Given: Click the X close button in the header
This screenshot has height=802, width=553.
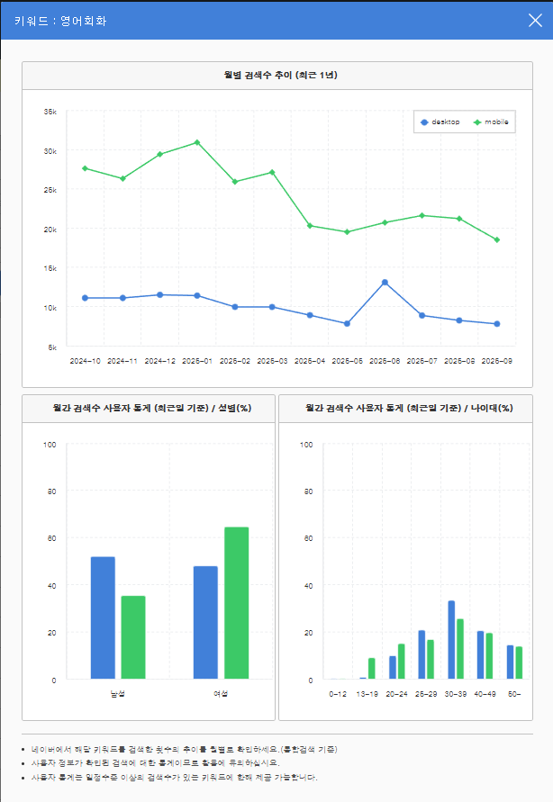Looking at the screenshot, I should [535, 20].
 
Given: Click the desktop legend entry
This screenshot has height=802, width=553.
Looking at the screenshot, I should [440, 122].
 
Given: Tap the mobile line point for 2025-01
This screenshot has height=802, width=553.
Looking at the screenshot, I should [197, 142].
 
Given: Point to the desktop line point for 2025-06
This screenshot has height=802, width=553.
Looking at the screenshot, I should [385, 282].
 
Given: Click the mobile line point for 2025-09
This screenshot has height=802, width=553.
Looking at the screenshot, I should [497, 239].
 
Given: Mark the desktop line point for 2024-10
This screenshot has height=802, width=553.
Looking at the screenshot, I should [85, 298].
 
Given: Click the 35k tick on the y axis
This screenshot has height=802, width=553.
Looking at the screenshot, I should [50, 112].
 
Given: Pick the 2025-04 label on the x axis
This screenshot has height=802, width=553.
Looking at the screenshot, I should [310, 361].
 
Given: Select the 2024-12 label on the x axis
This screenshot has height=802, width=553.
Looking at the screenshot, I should [159, 361].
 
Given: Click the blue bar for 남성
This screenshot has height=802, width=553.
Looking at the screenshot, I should [103, 617].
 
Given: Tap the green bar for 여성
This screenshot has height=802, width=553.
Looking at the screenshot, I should [236, 602].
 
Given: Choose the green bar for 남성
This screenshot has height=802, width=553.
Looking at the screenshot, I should [133, 637].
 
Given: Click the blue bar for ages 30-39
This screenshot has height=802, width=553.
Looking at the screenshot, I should [451, 640].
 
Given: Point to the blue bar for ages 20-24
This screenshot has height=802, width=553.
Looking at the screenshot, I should [393, 667].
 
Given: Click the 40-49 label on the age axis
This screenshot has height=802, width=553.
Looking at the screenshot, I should [485, 694].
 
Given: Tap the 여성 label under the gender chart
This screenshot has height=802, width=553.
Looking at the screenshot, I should [221, 694].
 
